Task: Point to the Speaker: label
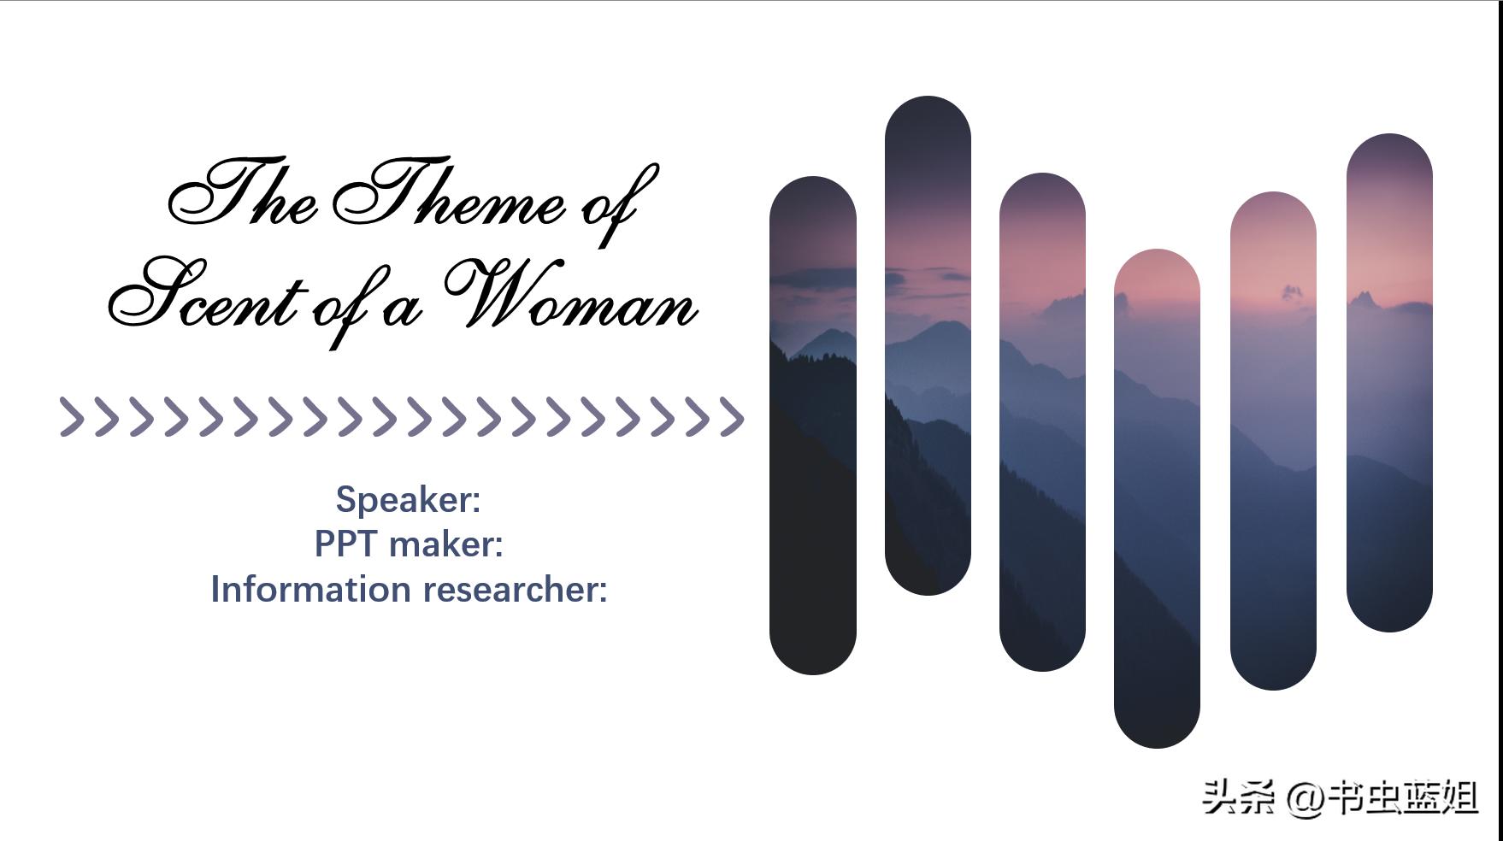(x=408, y=499)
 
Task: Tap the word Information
(x=311, y=589)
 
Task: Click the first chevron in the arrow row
(x=73, y=417)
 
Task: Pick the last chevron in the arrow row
(x=731, y=417)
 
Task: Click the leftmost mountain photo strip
(x=812, y=426)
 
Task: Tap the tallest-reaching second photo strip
(x=928, y=345)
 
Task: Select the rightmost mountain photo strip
(x=1389, y=383)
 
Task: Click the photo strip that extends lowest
(x=1157, y=498)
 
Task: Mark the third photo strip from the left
(x=1042, y=422)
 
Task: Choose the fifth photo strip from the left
(x=1273, y=441)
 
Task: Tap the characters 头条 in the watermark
(x=1239, y=797)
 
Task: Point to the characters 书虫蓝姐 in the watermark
(x=1403, y=797)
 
